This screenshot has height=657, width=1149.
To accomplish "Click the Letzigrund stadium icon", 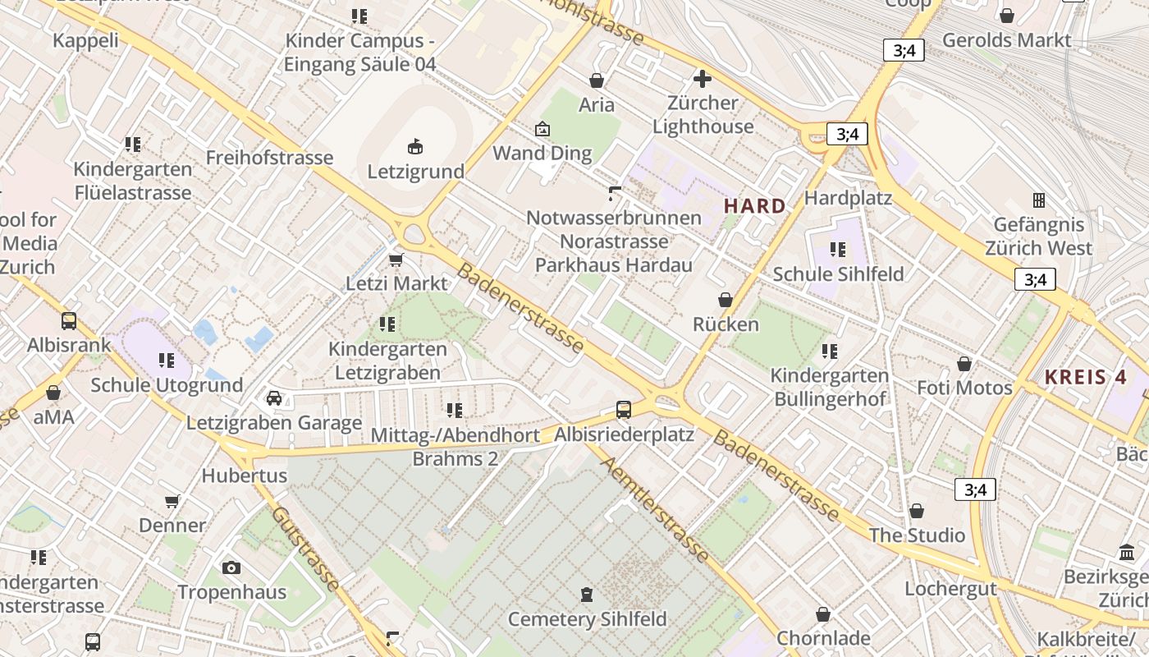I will [x=415, y=147].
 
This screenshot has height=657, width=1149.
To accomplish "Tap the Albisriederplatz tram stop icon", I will [x=624, y=409].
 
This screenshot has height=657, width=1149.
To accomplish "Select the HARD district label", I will [x=754, y=206].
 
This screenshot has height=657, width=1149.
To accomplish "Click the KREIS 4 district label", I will [x=1086, y=378].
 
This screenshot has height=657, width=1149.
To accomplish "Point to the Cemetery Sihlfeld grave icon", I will [x=586, y=594].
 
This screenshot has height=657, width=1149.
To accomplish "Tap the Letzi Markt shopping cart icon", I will [x=396, y=260].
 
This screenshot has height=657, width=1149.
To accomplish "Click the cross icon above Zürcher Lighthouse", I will [x=703, y=79].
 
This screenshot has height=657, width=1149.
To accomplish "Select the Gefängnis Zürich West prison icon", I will [x=1039, y=200].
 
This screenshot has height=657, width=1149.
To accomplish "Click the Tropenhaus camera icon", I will [x=231, y=567].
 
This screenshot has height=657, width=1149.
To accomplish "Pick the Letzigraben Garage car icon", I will [x=274, y=398].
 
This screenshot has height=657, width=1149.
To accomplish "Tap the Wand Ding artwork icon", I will [x=542, y=129].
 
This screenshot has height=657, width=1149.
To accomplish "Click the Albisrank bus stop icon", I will [x=69, y=321].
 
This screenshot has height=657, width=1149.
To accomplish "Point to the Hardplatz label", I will [x=848, y=198].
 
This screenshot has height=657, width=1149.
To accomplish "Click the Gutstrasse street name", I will [x=304, y=548].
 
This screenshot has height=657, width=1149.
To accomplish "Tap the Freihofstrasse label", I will [x=269, y=158].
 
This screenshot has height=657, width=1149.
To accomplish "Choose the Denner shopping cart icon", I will [x=172, y=501].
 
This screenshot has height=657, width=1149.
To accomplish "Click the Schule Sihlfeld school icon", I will [x=837, y=249].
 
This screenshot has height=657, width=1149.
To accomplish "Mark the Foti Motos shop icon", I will [x=964, y=363].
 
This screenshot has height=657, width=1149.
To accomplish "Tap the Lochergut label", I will [x=950, y=589].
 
